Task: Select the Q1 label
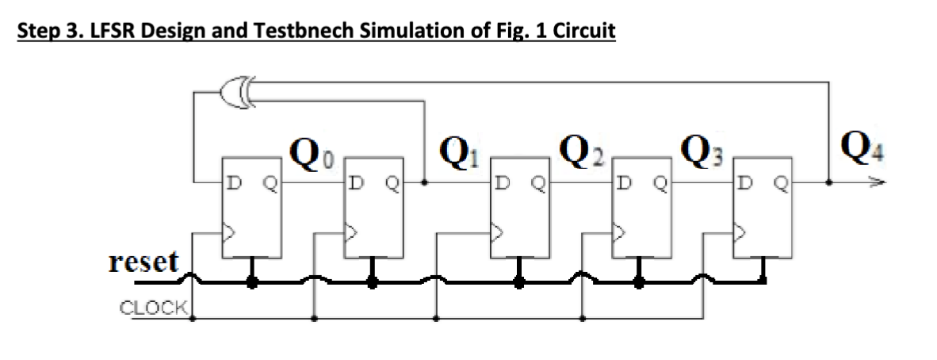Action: tap(457, 149)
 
